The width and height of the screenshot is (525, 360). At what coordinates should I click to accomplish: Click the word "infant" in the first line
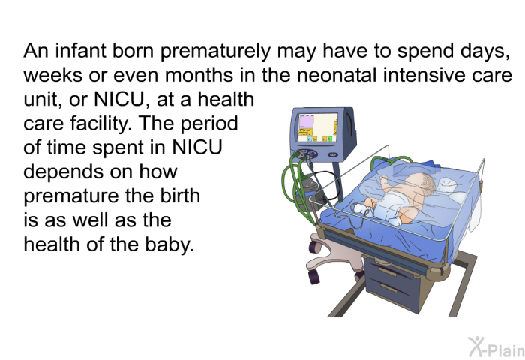click(x=81, y=50)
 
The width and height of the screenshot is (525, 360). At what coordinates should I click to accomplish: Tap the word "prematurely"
click(x=215, y=52)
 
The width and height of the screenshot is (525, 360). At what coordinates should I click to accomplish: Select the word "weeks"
click(x=53, y=75)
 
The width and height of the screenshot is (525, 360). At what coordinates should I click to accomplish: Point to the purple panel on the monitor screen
click(x=306, y=121)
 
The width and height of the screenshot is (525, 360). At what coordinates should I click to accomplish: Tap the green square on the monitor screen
click(x=329, y=139)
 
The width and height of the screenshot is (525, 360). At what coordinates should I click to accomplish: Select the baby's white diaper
click(x=394, y=203)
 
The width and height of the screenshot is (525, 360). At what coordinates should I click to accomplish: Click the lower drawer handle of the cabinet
click(x=389, y=287)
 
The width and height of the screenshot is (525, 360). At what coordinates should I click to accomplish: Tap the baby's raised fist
click(x=382, y=178)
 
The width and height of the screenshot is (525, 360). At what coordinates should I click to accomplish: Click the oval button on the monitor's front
click(x=333, y=154)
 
